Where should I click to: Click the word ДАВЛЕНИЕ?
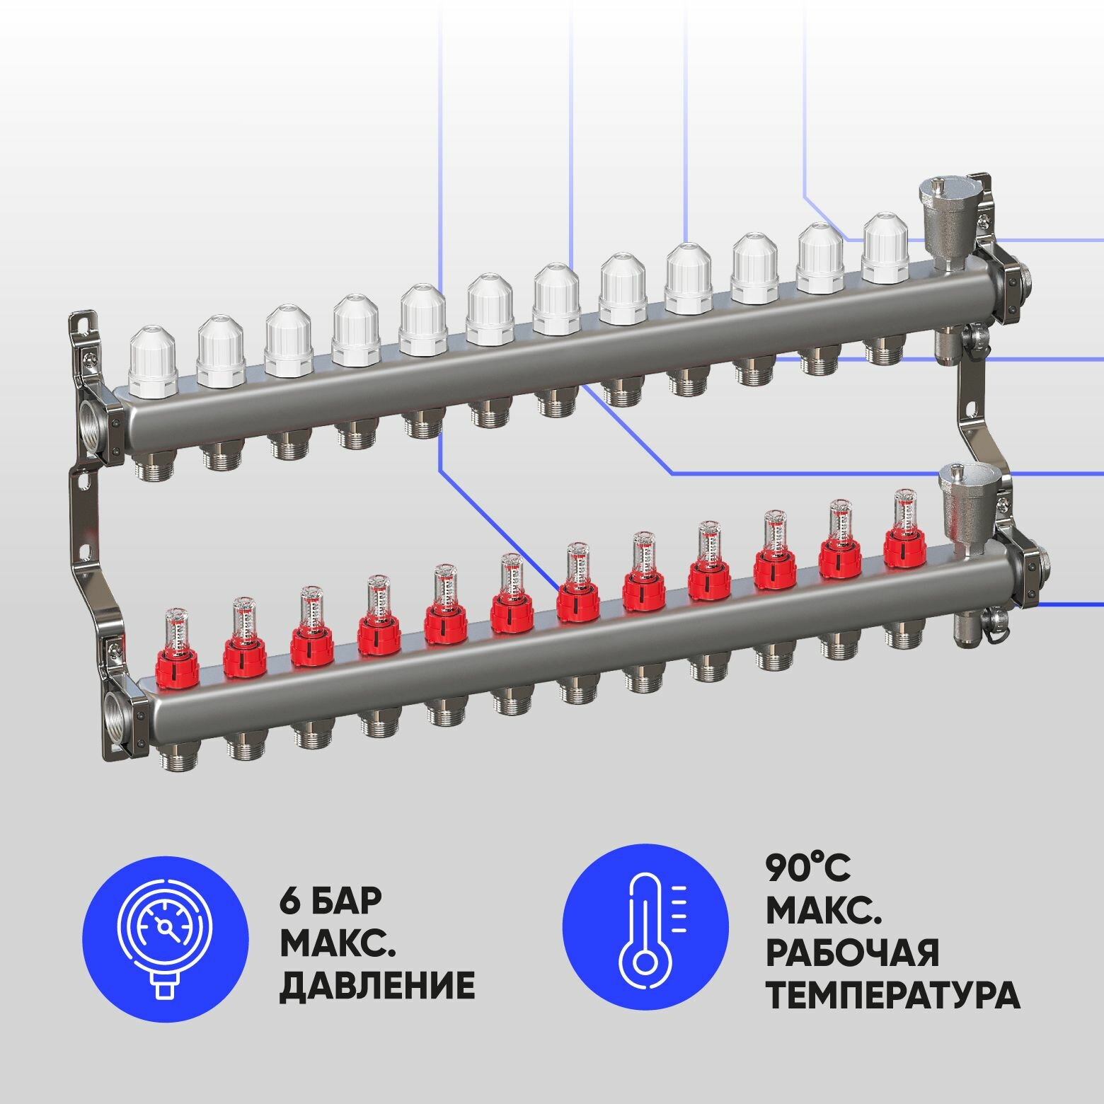(x=376, y=985)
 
